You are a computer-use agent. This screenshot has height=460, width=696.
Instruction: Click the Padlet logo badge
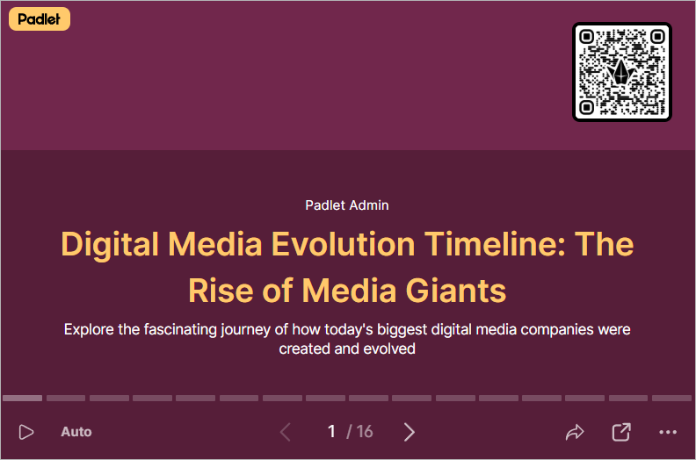click(40, 19)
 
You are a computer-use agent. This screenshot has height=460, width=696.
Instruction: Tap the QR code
click(622, 72)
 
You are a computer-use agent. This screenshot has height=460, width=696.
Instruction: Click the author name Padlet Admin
click(346, 205)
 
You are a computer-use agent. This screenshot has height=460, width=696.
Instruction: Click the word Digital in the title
click(110, 244)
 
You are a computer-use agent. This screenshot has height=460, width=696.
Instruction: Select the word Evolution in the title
click(343, 244)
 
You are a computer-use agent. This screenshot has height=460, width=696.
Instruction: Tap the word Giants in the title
click(456, 291)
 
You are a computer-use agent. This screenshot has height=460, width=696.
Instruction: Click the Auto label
click(76, 432)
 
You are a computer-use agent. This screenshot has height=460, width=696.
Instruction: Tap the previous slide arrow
click(286, 432)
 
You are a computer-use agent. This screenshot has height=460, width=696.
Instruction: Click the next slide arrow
click(410, 432)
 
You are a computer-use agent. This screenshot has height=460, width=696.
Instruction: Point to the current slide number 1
click(331, 432)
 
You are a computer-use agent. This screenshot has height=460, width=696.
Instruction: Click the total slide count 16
click(365, 432)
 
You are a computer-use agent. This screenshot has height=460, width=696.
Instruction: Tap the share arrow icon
click(575, 432)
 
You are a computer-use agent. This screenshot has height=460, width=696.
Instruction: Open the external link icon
click(621, 432)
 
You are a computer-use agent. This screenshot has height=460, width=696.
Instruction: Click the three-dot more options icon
click(668, 432)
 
